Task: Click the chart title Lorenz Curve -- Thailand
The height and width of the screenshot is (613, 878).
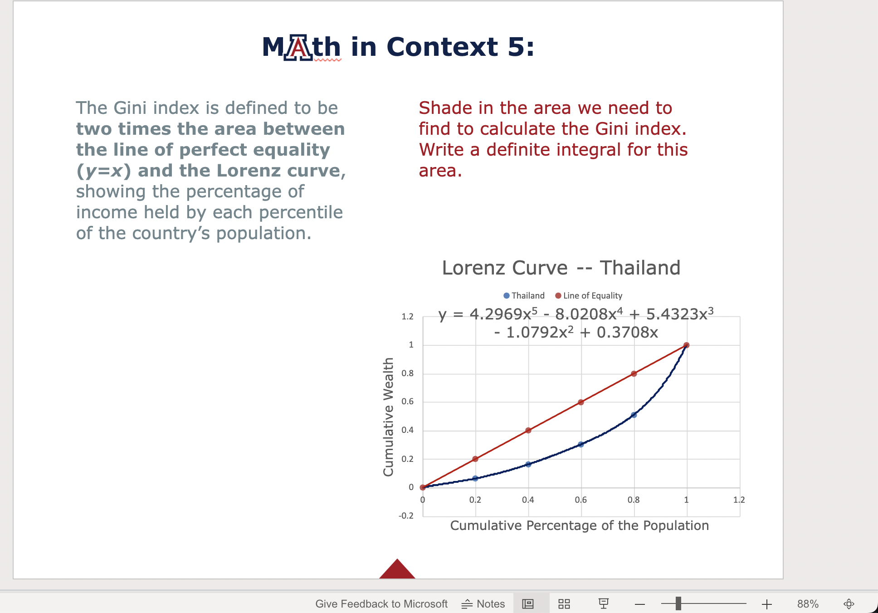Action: [561, 268]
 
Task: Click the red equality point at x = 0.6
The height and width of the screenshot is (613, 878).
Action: [581, 402]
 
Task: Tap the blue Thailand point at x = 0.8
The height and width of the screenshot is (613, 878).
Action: [634, 415]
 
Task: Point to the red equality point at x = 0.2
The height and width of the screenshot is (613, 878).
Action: [475, 459]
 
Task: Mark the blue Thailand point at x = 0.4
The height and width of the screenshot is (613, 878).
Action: [528, 464]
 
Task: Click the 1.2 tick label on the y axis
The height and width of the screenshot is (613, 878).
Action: [407, 317]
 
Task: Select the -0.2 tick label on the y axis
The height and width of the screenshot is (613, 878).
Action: [406, 516]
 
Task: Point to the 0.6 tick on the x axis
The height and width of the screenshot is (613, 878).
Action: [581, 500]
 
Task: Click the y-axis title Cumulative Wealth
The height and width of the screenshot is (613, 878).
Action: [388, 417]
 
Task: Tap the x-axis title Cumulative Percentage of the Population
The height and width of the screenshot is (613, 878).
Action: [579, 525]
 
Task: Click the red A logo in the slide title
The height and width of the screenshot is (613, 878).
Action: [298, 47]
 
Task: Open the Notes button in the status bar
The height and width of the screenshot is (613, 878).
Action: [483, 604]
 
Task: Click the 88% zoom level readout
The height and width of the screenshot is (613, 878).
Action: [808, 604]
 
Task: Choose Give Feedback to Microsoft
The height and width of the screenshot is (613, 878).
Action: [381, 604]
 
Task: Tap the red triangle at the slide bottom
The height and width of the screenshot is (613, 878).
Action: [397, 570]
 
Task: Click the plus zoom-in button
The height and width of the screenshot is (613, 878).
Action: [767, 604]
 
